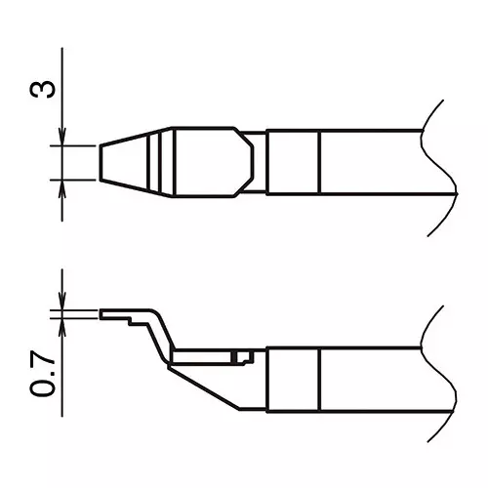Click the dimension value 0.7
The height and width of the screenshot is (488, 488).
(42, 376)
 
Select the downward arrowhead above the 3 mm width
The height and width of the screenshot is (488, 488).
(62, 138)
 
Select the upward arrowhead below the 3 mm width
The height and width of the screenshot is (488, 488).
(62, 186)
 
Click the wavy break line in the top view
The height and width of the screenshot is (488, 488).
(441, 161)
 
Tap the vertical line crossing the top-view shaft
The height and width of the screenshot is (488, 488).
(320, 161)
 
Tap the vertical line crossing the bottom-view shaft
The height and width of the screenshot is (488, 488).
(320, 381)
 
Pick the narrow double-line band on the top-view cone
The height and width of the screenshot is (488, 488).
(150, 161)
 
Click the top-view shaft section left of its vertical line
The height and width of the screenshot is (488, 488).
(293, 161)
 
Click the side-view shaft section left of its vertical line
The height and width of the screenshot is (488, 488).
(293, 381)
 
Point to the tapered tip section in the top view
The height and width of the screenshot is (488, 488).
(122, 161)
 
